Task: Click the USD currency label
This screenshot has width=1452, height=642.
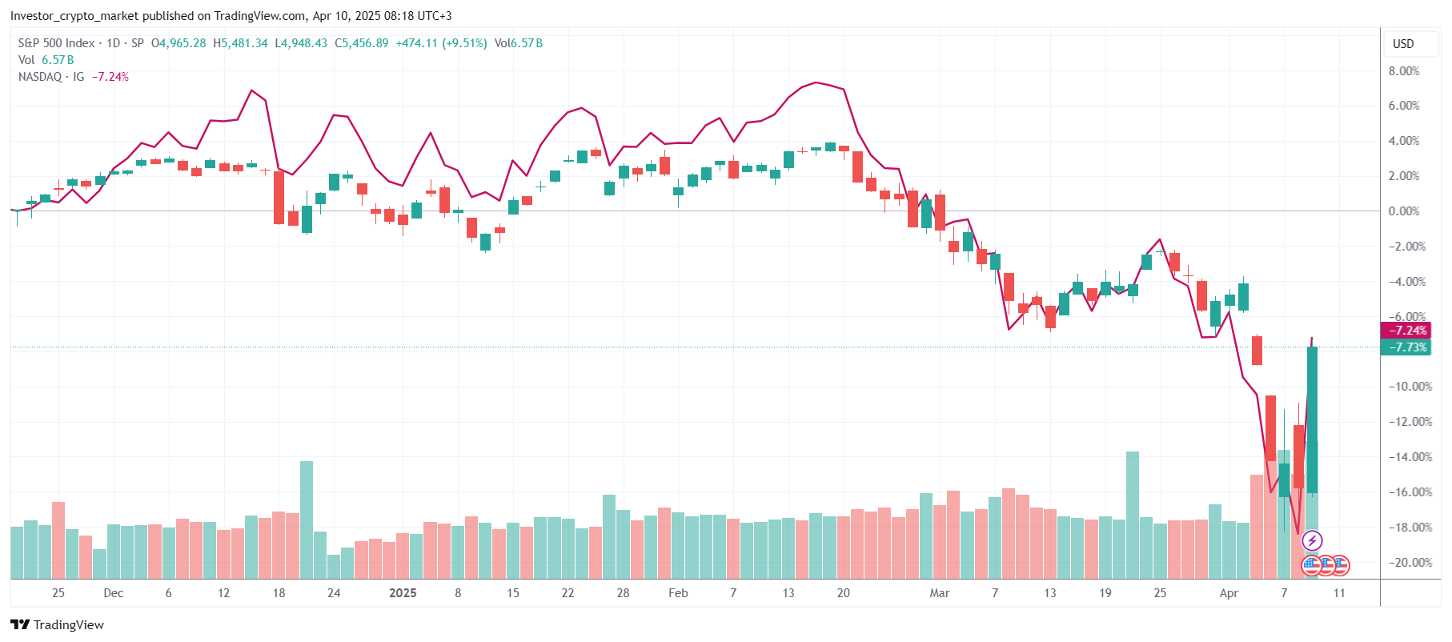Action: pos(1403,44)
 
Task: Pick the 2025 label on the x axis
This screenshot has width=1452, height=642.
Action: pos(403,593)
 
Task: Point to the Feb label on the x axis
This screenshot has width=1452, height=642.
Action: pos(678,593)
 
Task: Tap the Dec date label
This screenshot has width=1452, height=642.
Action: pos(114,593)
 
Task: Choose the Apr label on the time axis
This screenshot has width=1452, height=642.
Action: pos(1229,593)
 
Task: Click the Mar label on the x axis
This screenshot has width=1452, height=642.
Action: pos(940,593)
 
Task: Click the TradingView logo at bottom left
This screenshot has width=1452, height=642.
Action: pos(58,625)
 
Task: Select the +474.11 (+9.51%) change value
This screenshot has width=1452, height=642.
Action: pos(441,43)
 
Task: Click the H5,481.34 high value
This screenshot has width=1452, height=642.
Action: pos(240,43)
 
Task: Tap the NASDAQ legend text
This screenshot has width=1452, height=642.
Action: pos(40,77)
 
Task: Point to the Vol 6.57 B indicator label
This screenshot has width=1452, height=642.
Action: pos(46,60)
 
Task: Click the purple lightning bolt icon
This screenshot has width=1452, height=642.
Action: pos(1312,541)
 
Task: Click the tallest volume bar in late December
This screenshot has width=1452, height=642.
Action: pos(307,519)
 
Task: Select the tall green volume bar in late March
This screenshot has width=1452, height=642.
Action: pos(1133,514)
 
